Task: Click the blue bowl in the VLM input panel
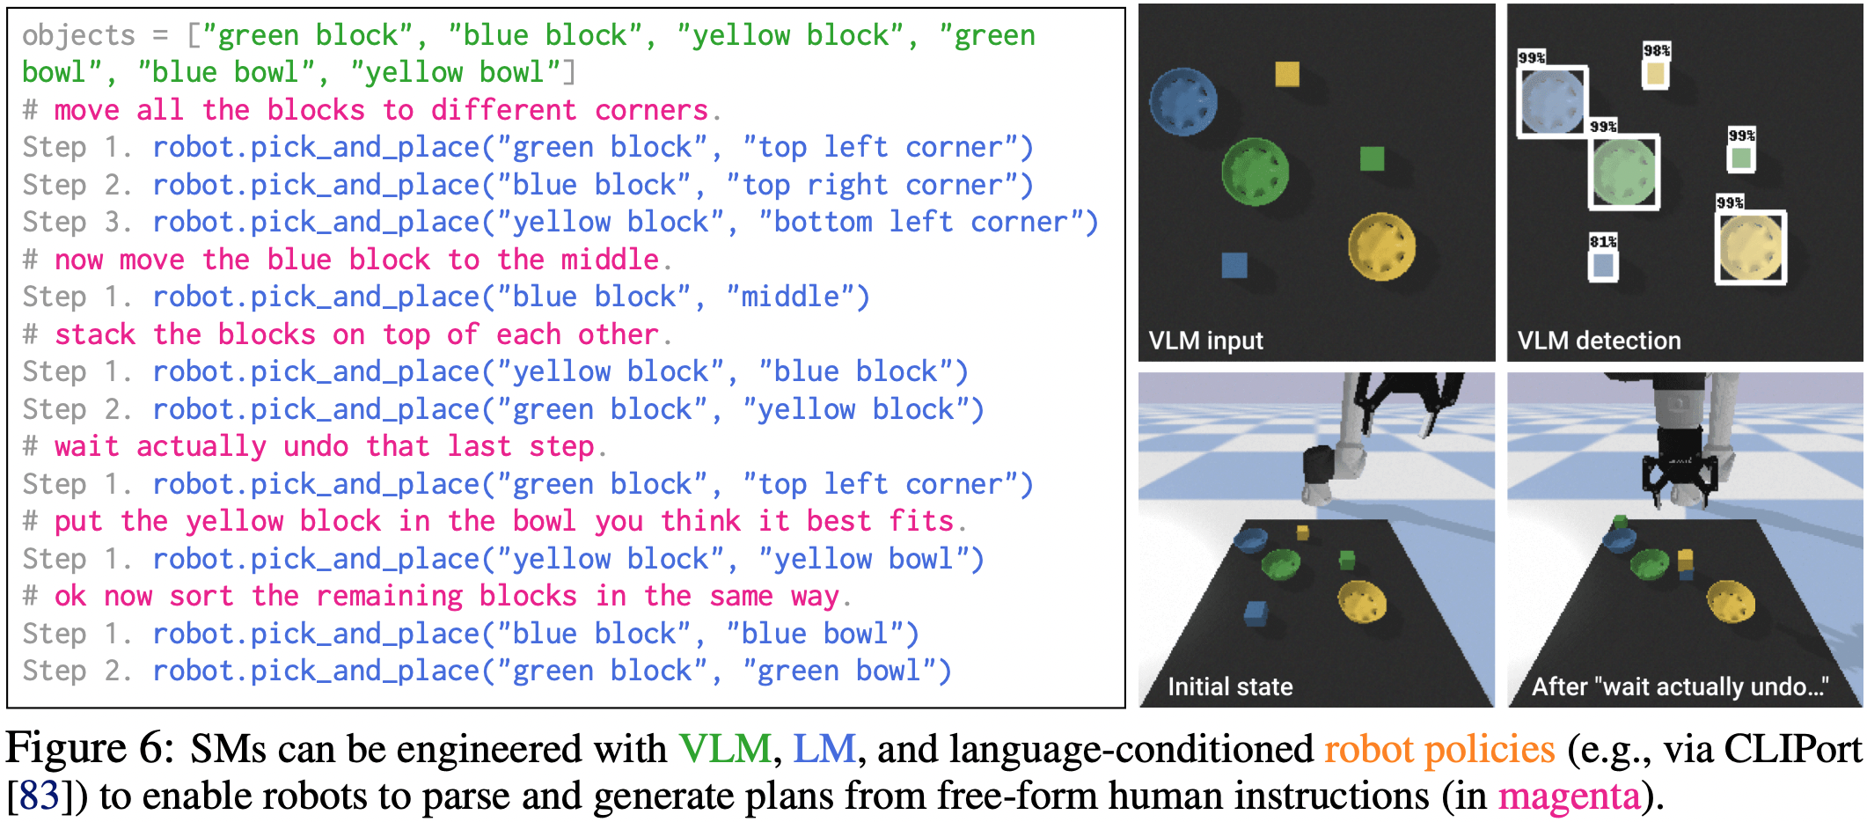(1183, 102)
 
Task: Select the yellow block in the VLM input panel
(1287, 74)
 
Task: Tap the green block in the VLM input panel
(1372, 158)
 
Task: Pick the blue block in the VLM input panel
(1234, 265)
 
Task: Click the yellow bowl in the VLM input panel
(1381, 246)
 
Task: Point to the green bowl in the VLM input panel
(1255, 172)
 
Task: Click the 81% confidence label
(1602, 241)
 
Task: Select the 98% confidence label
(1656, 50)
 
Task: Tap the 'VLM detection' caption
(1599, 341)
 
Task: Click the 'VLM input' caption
(1205, 341)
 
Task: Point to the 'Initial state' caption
(1229, 686)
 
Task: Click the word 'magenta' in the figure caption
(1569, 796)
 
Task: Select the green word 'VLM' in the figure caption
(725, 749)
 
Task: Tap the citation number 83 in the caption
(40, 796)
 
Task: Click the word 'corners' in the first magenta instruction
(651, 110)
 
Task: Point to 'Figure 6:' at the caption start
(90, 749)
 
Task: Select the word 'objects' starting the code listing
(78, 35)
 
